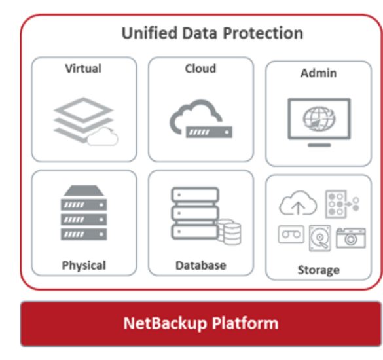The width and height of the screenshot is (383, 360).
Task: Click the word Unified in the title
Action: point(149,33)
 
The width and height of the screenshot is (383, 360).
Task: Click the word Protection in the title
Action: point(263,33)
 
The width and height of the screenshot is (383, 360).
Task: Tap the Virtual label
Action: point(83,68)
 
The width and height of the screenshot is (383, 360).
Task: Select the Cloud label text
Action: point(200,68)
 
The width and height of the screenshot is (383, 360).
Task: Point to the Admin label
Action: point(319,73)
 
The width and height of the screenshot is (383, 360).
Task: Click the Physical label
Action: point(84,266)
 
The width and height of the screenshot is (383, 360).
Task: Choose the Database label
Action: point(201,266)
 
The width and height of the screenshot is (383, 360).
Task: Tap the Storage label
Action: point(319,270)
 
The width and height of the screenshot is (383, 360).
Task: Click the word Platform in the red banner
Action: point(245,323)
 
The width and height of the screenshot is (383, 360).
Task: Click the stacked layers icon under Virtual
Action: point(84,119)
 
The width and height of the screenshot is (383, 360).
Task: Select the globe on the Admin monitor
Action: point(319,119)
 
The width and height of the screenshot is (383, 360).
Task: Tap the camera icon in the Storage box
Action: point(351,238)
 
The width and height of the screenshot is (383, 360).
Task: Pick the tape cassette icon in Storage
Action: point(291,234)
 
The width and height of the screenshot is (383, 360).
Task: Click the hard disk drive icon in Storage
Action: point(320,238)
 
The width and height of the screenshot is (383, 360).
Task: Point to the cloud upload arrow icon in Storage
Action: point(298,203)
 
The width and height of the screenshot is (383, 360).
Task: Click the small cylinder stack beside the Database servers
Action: point(230,232)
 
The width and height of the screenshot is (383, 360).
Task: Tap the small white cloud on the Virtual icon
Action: point(103,137)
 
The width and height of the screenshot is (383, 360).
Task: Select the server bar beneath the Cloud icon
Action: point(209,132)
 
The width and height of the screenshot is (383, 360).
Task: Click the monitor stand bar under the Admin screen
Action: point(319,145)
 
